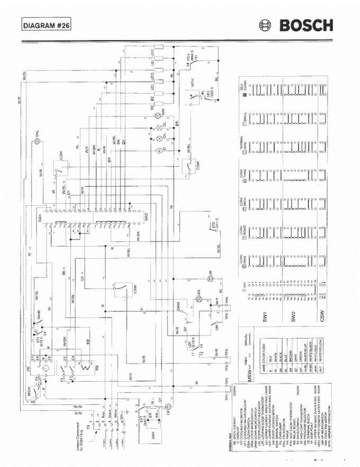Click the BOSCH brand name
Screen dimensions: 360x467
click(306, 26)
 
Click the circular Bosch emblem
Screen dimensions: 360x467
click(265, 26)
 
